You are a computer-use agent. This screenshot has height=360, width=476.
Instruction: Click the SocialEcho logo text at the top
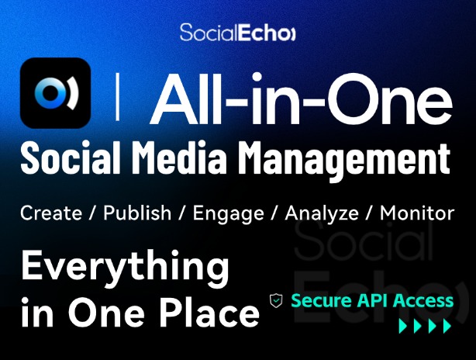[237, 33]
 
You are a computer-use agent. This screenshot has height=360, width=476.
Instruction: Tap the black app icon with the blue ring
[55, 93]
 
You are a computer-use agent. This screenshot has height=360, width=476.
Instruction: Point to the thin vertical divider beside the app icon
[118, 98]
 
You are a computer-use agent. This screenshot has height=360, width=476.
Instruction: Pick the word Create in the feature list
[51, 213]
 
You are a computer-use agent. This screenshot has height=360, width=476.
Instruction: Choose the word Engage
[228, 214]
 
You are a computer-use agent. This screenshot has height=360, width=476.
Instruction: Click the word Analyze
[322, 214]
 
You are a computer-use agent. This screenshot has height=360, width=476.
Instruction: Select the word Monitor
[417, 213]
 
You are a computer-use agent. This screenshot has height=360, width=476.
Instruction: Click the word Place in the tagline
[209, 311]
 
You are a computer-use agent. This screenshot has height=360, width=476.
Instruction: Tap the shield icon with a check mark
[276, 301]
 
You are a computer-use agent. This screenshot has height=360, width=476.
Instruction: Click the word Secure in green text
[321, 300]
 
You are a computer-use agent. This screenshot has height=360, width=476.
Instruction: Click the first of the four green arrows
[403, 326]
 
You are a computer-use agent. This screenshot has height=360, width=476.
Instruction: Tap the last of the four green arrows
[447, 326]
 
